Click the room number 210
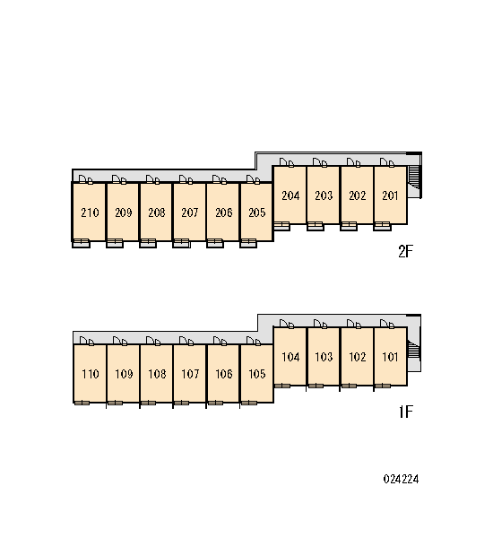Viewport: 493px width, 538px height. pyautogui.click(x=90, y=213)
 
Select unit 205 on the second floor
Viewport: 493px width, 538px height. pyautogui.click(x=256, y=212)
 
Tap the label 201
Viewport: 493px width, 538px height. pyautogui.click(x=390, y=195)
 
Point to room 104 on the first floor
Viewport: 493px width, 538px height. pyautogui.click(x=290, y=356)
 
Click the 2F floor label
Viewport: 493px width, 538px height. pyautogui.click(x=405, y=251)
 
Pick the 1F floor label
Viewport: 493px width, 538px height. pyautogui.click(x=406, y=412)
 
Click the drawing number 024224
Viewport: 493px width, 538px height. pyautogui.click(x=401, y=479)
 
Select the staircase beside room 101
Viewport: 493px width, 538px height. pyautogui.click(x=415, y=350)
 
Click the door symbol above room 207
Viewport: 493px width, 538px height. pyautogui.click(x=186, y=179)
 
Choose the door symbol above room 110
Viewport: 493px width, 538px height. pyautogui.click(x=86, y=341)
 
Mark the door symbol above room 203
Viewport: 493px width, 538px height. pyautogui.click(x=319, y=162)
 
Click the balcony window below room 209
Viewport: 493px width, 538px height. pyautogui.click(x=115, y=243)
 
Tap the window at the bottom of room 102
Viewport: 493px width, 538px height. pyautogui.click(x=349, y=386)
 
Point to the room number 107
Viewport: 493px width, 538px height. pyautogui.click(x=190, y=374)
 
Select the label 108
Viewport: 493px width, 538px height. pyautogui.click(x=157, y=374)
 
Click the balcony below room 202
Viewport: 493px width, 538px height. pyautogui.click(x=349, y=226)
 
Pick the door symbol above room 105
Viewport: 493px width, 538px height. pyautogui.click(x=254, y=341)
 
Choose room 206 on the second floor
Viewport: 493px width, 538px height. pyautogui.click(x=223, y=212)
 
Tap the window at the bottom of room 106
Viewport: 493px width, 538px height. pyautogui.click(x=215, y=403)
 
